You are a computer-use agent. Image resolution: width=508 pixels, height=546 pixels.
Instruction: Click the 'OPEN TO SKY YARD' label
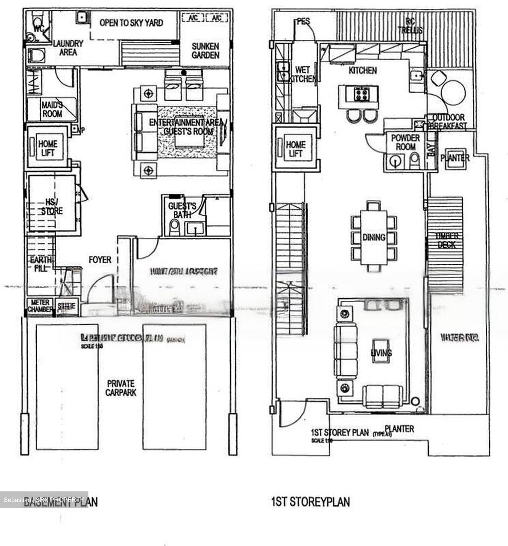pos(131,23)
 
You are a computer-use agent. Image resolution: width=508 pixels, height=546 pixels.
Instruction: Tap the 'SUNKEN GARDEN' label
pos(205,51)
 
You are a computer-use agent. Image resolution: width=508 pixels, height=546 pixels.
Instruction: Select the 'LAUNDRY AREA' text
pos(68,48)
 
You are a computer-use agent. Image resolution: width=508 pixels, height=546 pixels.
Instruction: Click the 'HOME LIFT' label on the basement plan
pos(47,148)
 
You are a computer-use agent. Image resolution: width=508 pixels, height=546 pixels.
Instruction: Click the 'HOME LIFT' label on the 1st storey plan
pos(296,149)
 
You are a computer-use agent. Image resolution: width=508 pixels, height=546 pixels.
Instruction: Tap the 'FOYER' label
pos(100,260)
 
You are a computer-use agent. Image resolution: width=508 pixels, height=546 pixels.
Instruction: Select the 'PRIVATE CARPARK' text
pos(121,388)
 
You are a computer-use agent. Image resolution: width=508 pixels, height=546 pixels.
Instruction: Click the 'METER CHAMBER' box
pos(40,306)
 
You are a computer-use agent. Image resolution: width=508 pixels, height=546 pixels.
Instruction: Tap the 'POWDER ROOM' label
pos(405,142)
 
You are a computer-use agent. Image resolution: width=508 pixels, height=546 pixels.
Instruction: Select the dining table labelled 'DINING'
pos(374,237)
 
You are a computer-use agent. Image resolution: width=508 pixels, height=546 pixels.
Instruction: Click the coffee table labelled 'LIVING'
pos(381,353)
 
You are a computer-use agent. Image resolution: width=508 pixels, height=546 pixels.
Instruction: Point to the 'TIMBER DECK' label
pos(447,240)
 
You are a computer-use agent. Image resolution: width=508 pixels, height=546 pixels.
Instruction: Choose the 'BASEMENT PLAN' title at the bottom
pos(60,502)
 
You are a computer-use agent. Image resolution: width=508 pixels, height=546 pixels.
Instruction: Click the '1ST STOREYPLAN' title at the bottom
pos(310,502)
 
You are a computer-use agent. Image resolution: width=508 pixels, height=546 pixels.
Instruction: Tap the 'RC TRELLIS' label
pos(410,26)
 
